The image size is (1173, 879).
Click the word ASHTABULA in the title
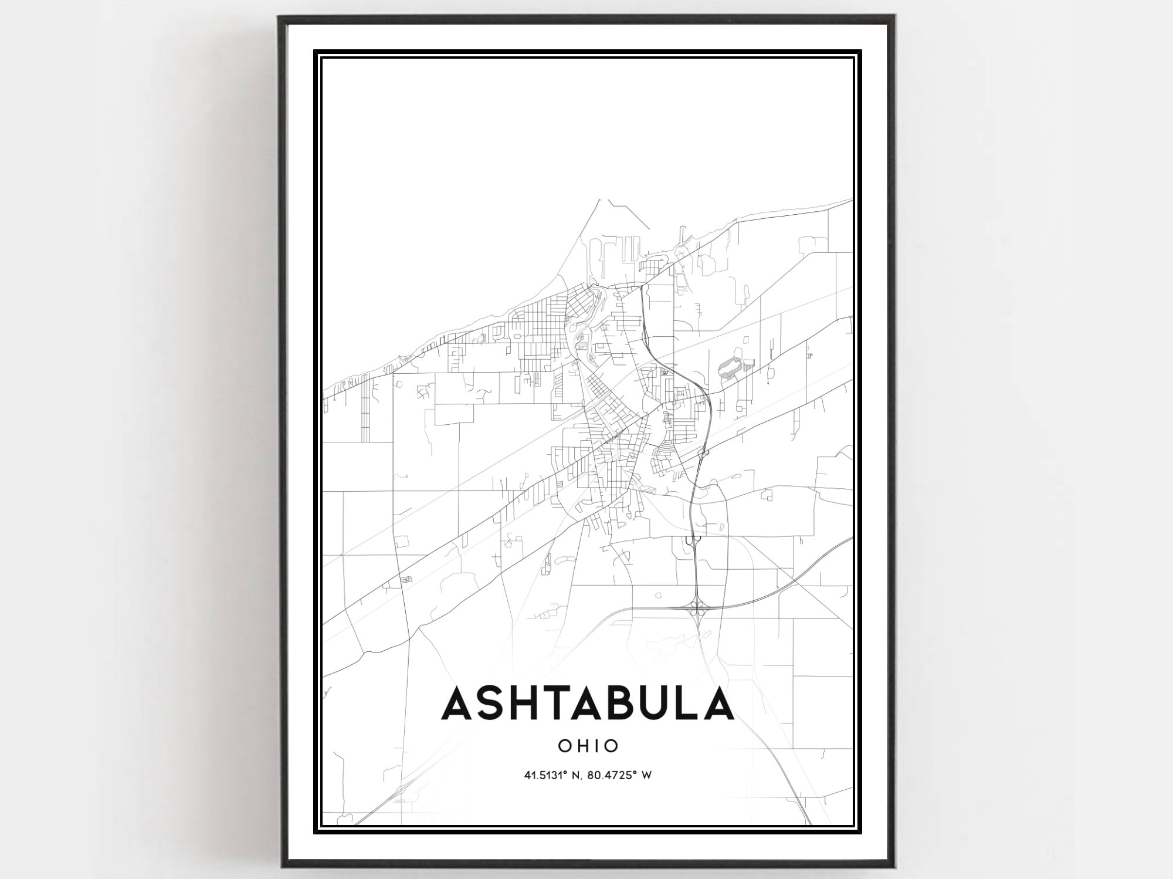click(587, 704)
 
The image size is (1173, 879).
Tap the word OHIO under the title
click(588, 746)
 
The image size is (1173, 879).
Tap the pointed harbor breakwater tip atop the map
click(600, 200)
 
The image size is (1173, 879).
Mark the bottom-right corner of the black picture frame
click(893, 867)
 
